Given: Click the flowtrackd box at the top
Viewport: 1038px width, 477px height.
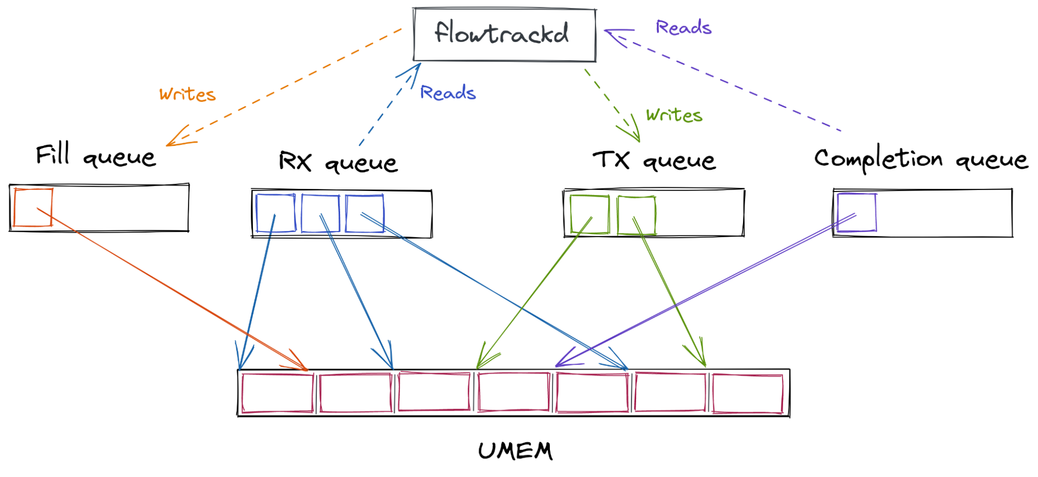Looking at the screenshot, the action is [x=504, y=35].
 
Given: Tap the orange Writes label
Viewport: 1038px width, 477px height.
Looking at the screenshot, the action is [x=187, y=94].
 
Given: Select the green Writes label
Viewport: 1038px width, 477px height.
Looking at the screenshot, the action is [x=674, y=115].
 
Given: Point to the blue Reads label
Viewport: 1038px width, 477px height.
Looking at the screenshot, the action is [x=448, y=92].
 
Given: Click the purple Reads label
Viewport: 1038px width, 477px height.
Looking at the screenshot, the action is [x=683, y=27].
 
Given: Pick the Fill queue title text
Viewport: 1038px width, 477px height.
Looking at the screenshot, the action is [x=96, y=155].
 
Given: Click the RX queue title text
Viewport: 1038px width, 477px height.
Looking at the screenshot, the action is [x=338, y=161].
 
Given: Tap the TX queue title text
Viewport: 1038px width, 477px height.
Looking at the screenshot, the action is [x=654, y=160].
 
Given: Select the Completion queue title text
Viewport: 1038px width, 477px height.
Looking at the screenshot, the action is [x=921, y=159].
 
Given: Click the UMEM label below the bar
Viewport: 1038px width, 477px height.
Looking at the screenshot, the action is [x=515, y=451].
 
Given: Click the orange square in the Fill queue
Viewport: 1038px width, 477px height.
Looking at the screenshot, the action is [x=33, y=208].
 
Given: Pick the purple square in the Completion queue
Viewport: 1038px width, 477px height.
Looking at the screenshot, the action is [x=857, y=212].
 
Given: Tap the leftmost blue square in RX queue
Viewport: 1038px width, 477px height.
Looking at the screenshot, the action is [x=276, y=213].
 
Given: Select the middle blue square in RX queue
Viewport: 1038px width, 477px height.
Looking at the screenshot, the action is [x=320, y=213].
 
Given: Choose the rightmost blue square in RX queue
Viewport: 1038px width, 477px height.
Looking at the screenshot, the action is [x=365, y=213].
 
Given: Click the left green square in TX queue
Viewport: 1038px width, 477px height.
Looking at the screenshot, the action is [x=589, y=214].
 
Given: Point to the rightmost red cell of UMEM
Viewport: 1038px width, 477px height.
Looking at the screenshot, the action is [x=748, y=394].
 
